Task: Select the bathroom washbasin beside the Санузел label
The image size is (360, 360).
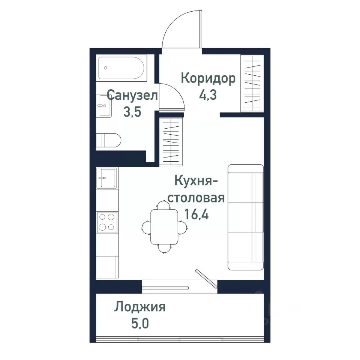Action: point(104,106)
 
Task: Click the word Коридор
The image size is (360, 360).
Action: point(208,78)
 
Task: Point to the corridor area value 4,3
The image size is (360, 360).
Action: point(208,95)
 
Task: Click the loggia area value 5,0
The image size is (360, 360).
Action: point(139,323)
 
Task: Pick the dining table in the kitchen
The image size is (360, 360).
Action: point(164,226)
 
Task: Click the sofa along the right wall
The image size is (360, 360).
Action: point(245,217)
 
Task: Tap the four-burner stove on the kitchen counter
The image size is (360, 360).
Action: point(107,222)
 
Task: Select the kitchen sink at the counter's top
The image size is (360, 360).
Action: point(107,177)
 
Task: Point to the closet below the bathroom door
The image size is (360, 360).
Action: point(171,141)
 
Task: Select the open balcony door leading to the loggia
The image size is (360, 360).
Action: point(206,279)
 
